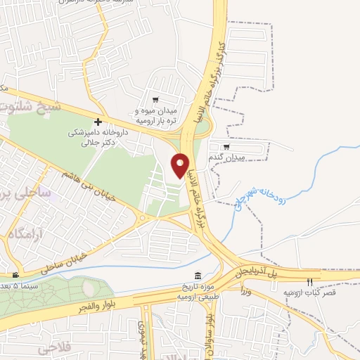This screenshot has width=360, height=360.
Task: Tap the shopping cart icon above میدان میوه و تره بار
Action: (x=155, y=101)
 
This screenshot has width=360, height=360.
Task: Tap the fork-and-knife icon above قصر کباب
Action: (x=309, y=282)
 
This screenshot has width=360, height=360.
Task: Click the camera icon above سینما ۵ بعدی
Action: (x=15, y=274)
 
